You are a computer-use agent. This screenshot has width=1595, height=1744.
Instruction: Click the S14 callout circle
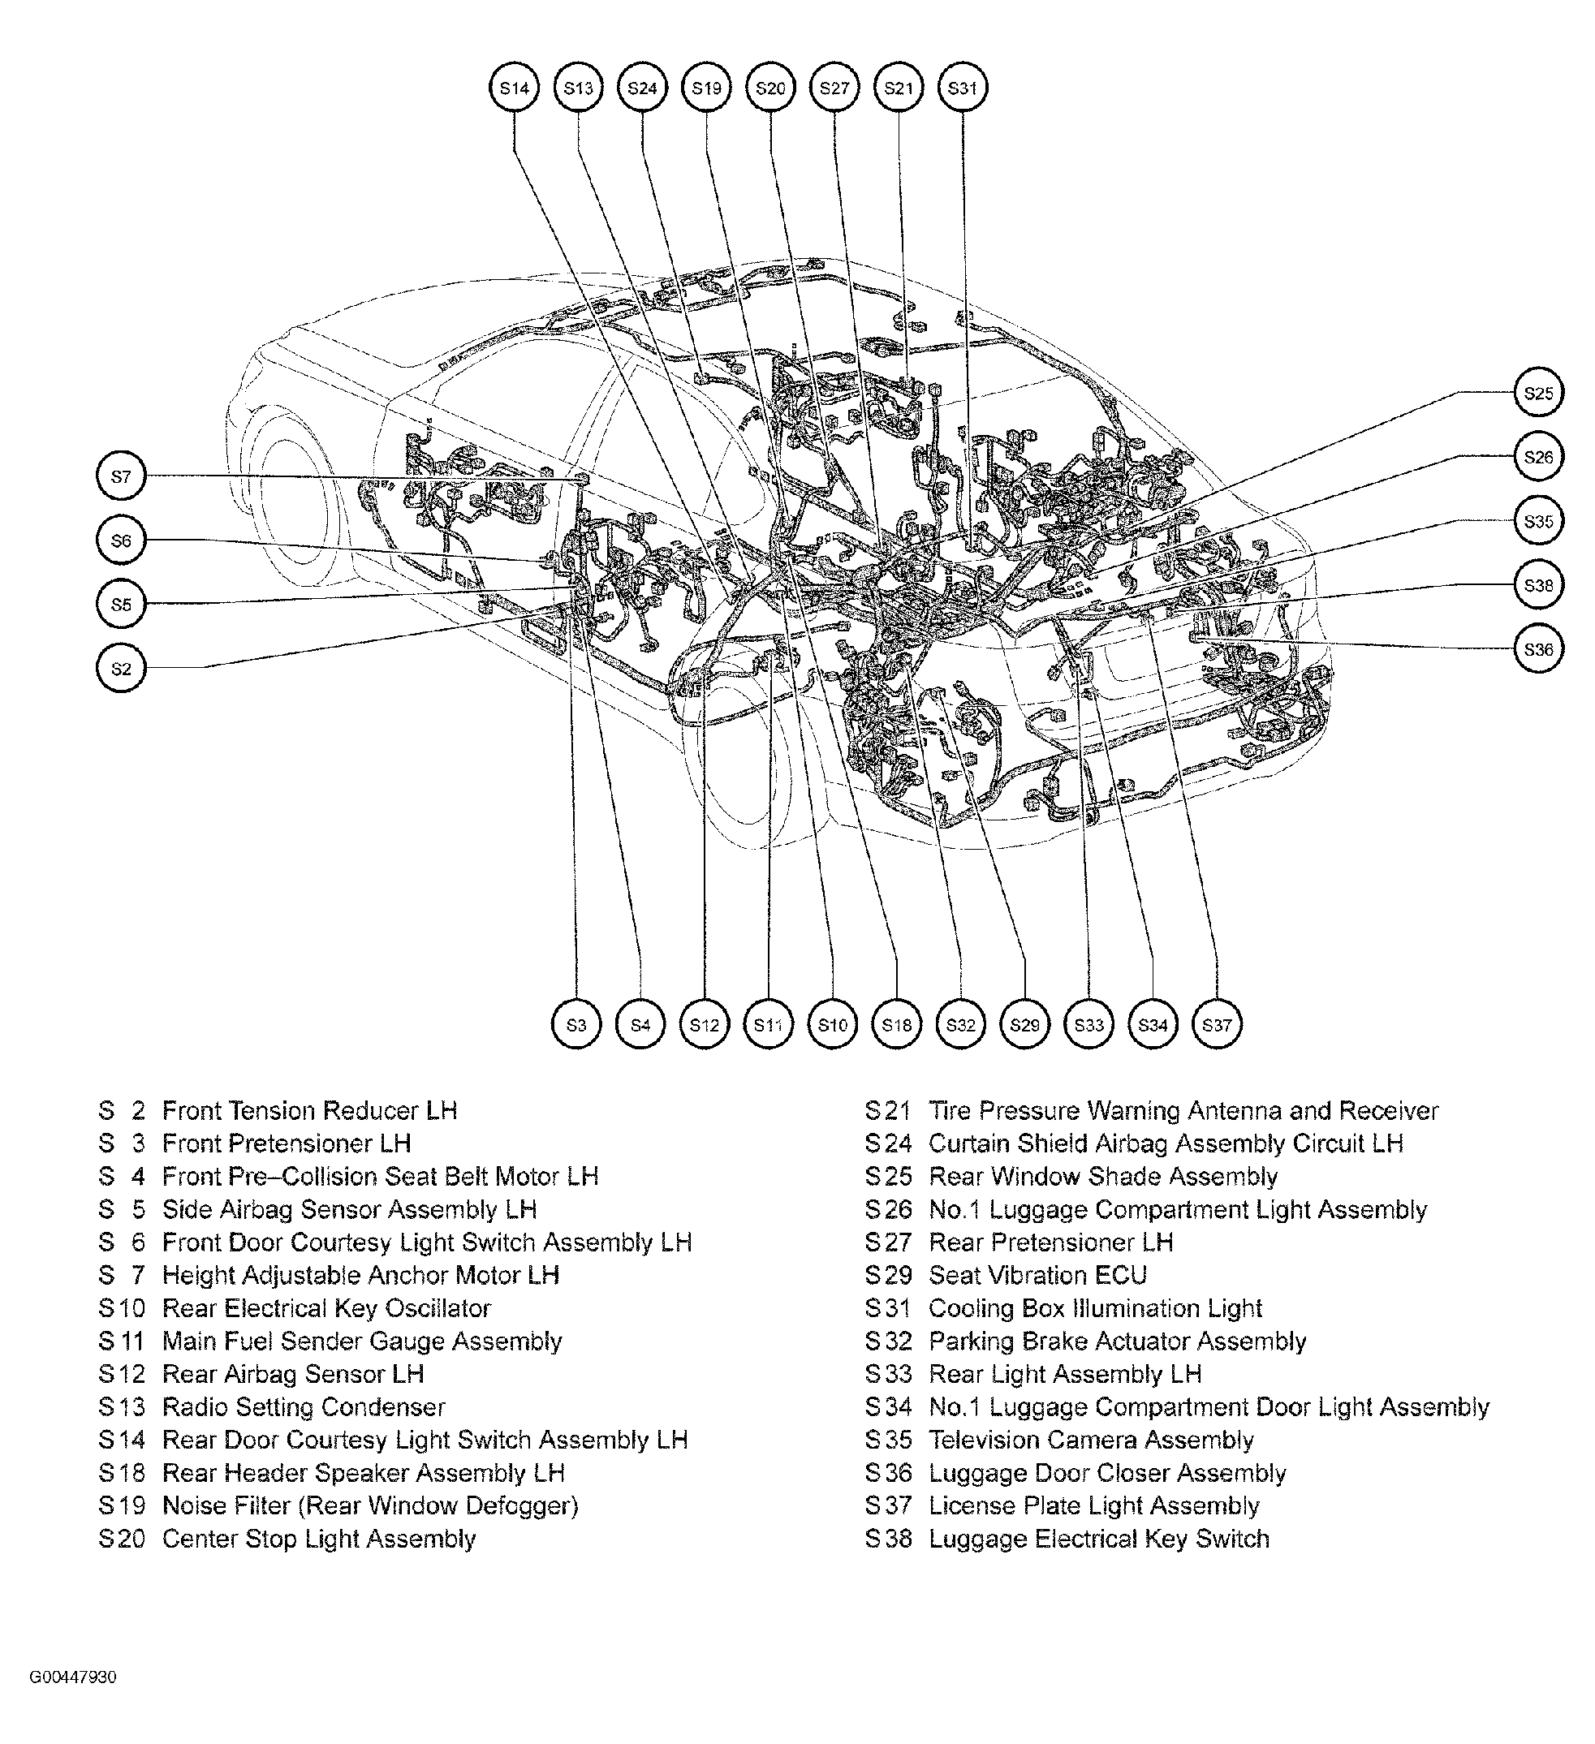[x=514, y=88]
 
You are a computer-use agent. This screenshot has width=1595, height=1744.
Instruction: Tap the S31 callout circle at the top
[x=963, y=88]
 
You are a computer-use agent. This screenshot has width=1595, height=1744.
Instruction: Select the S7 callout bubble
[x=121, y=476]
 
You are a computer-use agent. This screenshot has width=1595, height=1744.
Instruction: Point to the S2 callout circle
[x=121, y=668]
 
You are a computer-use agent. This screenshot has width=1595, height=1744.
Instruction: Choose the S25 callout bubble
[x=1538, y=394]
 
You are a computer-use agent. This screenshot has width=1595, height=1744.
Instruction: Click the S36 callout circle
[x=1538, y=650]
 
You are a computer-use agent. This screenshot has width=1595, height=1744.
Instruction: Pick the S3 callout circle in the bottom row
[x=576, y=1025]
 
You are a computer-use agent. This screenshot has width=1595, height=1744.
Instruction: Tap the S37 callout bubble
[x=1217, y=1025]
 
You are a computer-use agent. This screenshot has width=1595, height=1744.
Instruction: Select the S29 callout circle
[x=1024, y=1025]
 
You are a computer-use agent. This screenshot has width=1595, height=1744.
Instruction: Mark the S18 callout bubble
[x=897, y=1025]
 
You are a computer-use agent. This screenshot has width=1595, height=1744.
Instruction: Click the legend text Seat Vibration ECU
[x=1037, y=1275]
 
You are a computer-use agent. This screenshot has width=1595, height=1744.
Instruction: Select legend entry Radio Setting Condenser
[x=303, y=1406]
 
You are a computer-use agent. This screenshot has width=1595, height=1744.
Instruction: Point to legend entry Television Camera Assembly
[x=1090, y=1440]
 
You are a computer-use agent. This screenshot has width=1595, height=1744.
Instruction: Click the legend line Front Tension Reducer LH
[x=309, y=1111]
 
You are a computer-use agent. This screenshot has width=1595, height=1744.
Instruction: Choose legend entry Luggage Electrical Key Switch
[x=1098, y=1538]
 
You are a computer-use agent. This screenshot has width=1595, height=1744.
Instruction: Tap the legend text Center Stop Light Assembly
[x=318, y=1538]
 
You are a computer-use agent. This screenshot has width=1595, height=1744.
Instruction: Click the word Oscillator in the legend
[x=437, y=1308]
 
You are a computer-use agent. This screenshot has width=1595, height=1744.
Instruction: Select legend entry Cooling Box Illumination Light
[x=1095, y=1308]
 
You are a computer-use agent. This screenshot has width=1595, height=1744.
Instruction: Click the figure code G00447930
[x=73, y=1677]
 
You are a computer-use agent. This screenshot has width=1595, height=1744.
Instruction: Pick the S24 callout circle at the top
[x=642, y=88]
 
